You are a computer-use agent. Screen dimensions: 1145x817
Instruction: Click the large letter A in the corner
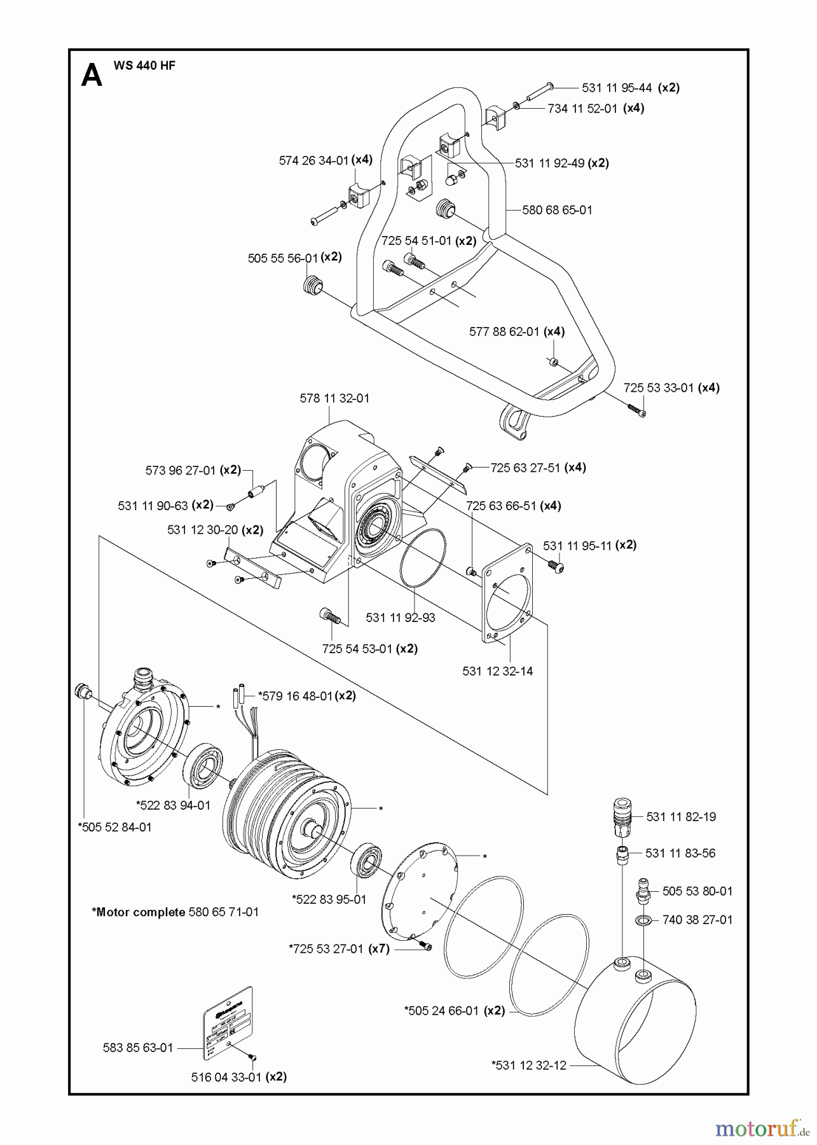92,77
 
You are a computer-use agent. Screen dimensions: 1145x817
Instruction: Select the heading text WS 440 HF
144,66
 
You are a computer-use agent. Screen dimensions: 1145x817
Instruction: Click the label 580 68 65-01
557,210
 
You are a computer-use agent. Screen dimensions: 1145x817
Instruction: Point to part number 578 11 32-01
334,398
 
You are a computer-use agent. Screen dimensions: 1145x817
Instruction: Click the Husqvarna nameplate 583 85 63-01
228,1024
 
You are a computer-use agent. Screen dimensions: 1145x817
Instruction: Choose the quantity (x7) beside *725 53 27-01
379,949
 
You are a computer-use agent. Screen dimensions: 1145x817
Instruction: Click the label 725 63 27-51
525,468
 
